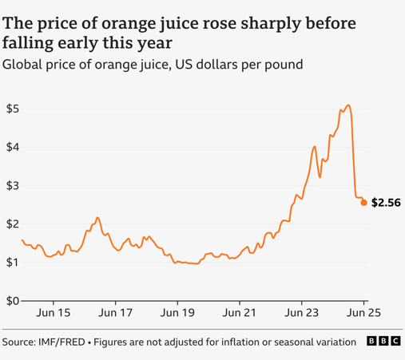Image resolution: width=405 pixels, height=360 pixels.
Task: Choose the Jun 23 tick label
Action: [302, 315]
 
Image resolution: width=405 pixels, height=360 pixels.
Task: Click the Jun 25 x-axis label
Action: [363, 315]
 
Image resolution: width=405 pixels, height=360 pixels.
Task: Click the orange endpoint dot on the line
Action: [364, 203]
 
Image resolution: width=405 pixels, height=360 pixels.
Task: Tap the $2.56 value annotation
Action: [386, 203]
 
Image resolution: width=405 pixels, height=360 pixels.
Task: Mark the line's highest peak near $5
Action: [347, 105]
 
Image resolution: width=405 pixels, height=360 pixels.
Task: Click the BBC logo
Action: [383, 342]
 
